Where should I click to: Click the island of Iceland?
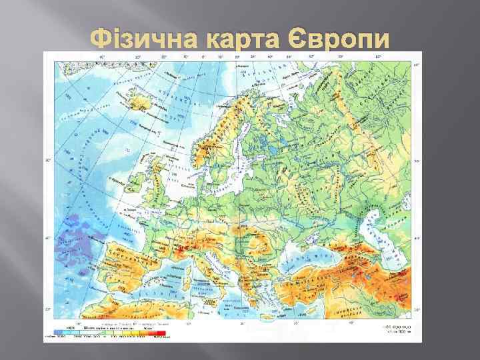[142, 103]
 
